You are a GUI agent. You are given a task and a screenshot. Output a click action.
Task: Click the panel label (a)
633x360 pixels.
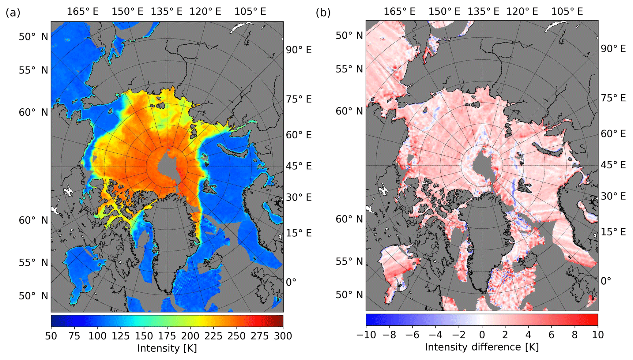pos(13,13)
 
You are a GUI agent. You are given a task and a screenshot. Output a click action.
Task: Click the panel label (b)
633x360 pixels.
pos(323,13)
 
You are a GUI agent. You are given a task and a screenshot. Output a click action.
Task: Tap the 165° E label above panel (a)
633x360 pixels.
pos(83,12)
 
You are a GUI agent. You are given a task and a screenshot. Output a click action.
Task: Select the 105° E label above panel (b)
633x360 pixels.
pos(567,12)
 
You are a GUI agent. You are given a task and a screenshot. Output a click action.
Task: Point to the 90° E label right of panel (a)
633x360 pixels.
pos(299,50)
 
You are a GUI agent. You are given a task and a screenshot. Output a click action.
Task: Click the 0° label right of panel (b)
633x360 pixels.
pos(605,281)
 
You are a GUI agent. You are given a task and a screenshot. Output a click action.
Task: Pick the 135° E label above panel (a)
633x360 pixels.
pos(166,12)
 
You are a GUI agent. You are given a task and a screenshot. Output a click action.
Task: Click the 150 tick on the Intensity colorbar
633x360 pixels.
pos(144,336)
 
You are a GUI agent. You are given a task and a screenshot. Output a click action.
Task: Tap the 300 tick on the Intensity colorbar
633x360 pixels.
pos(283,336)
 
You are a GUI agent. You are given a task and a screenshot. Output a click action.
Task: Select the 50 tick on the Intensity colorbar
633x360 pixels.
pos(51,336)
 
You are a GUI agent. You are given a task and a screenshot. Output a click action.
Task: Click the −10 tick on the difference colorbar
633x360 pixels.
pos(366,335)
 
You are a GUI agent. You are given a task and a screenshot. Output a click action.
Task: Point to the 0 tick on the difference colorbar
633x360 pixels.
pos(482,335)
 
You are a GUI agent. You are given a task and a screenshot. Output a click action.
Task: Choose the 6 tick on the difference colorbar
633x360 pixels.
pos(551,335)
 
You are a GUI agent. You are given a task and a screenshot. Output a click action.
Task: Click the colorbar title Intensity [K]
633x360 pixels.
pos(167,348)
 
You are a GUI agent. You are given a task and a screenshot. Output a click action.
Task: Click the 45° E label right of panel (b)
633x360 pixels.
pos(613,165)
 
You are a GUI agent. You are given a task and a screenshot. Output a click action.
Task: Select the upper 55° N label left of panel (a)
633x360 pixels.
pos(33,70)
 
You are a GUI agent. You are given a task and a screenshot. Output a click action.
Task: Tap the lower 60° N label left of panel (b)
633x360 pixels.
pos(349,219)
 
